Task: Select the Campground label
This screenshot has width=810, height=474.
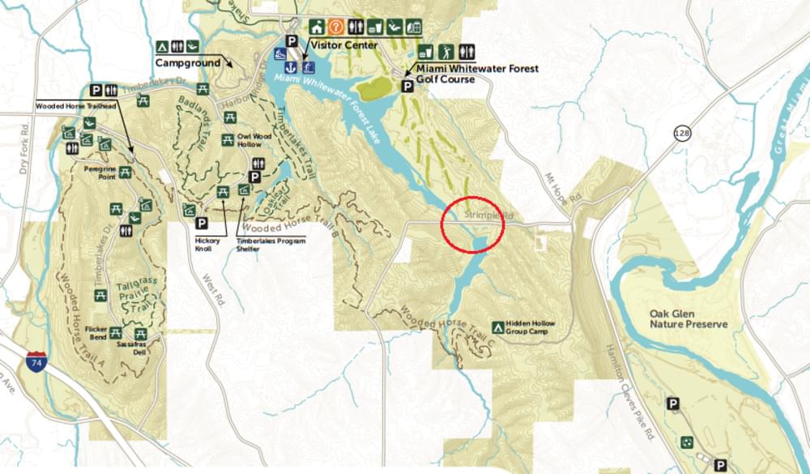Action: click(x=189, y=62)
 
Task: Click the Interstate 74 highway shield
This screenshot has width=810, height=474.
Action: click(x=36, y=361)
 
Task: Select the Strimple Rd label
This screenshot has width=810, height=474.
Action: click(x=489, y=216)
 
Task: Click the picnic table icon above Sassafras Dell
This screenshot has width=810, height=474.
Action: click(x=140, y=333)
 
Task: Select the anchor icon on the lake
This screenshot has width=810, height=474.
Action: click(x=291, y=66)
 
